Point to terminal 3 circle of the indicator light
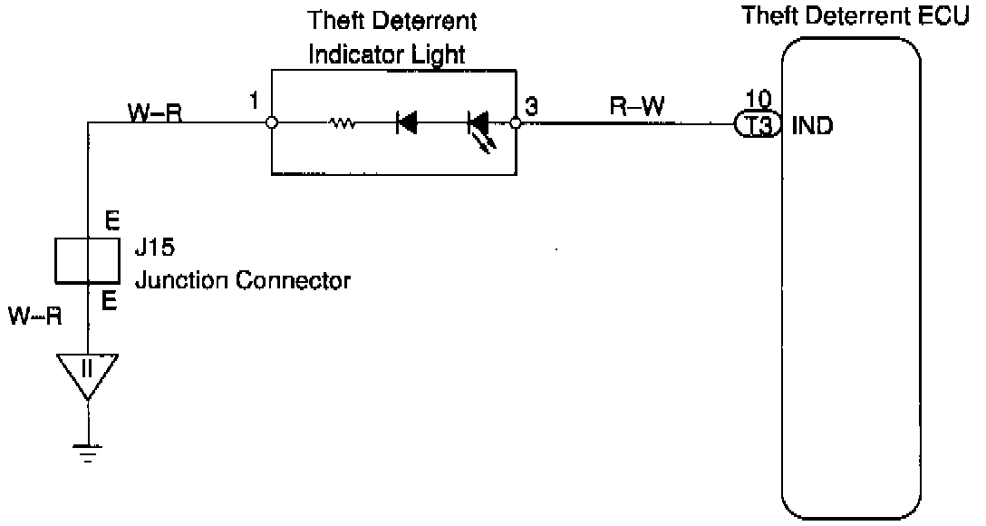coord(515,123)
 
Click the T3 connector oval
coord(759,126)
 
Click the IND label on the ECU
coord(813,126)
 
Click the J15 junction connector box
coord(88,262)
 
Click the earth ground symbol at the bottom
coord(88,453)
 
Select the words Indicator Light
coord(387,54)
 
